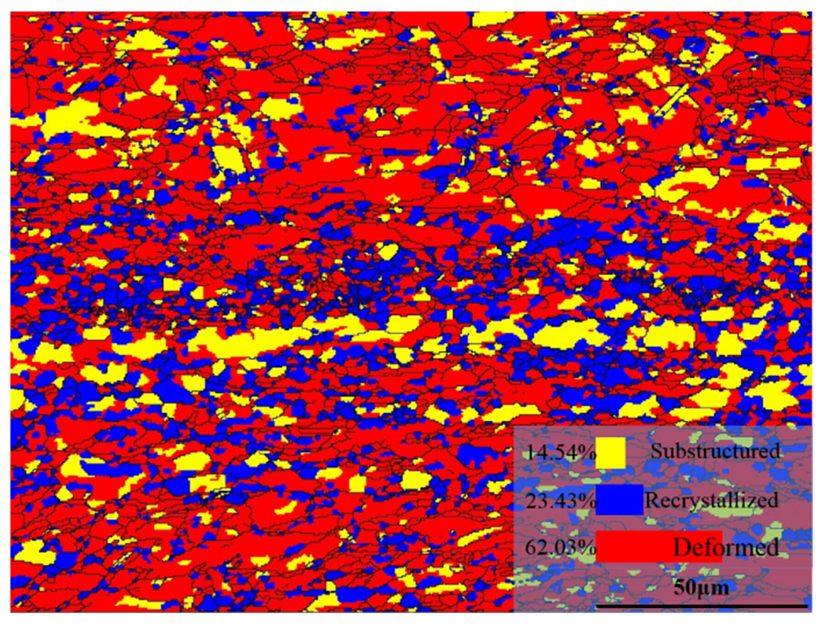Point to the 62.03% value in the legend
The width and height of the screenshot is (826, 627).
point(559,547)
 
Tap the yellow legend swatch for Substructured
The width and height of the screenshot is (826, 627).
point(610,453)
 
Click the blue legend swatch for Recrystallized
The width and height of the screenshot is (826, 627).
point(619,500)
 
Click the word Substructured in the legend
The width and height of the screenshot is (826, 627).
point(715,451)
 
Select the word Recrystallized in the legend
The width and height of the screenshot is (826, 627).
point(711,500)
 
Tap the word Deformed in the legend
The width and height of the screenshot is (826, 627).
point(726,547)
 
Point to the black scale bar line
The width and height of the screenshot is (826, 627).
point(701,606)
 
